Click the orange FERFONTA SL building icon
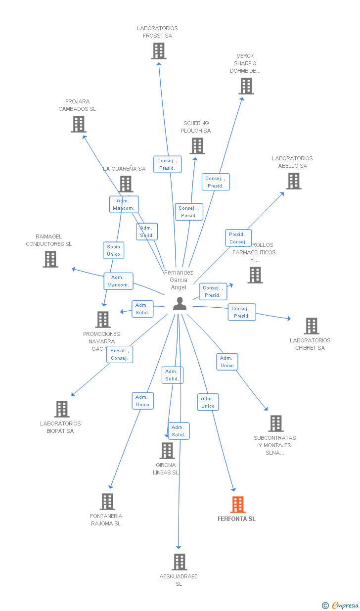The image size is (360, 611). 238,505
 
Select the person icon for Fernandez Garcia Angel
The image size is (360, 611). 180,304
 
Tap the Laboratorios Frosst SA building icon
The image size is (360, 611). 158,51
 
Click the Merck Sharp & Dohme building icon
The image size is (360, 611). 246,86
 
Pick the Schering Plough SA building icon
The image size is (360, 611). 197,146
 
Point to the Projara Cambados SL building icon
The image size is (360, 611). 78,124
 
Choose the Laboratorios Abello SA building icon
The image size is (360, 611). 293,181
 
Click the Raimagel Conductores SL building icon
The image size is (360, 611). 50,259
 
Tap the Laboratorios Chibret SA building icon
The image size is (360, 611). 311,326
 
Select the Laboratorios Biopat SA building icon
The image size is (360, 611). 61,409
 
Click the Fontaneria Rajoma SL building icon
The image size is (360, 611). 107,502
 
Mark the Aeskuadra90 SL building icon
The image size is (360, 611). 179,562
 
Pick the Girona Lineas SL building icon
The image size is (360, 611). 167,451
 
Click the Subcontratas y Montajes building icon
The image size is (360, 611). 275,423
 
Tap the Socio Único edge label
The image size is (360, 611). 113,250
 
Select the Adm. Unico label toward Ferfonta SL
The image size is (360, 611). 208,402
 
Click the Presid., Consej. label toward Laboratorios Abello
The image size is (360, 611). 238,238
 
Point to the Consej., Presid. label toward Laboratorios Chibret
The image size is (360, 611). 242,312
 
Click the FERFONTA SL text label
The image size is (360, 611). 236,519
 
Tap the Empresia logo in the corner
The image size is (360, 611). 341,605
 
